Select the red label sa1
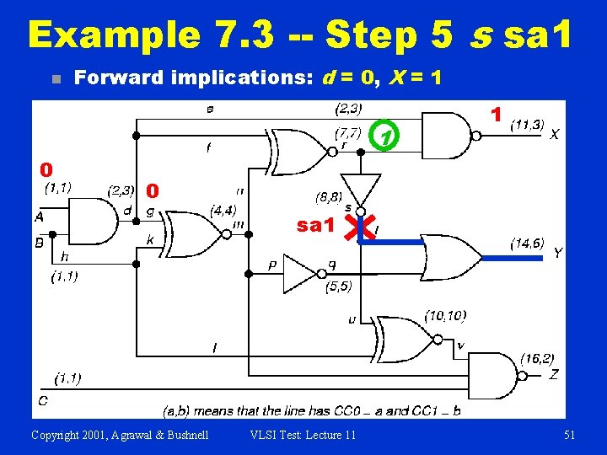(316, 225)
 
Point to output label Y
(557, 253)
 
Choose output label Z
(553, 374)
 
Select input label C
(41, 399)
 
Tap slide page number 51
(569, 435)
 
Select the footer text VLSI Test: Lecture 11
(303, 435)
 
